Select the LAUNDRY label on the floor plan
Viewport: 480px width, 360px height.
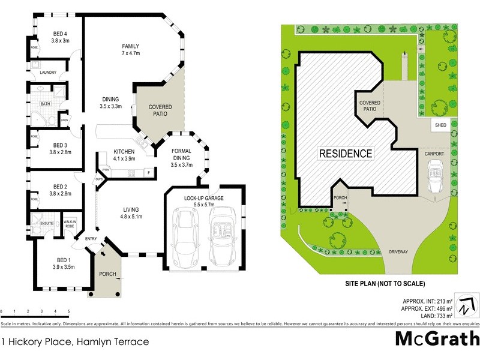(48, 73)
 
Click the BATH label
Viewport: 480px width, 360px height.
(45, 104)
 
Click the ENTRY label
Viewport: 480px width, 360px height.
(91, 239)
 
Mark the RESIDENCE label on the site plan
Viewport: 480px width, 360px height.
(345, 153)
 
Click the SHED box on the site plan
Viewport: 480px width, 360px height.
(440, 126)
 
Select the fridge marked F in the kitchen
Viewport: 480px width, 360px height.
(148, 173)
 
